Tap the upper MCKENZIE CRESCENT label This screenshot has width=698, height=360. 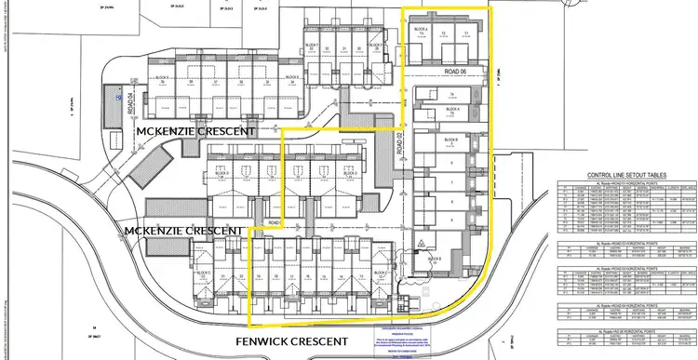point(195,132)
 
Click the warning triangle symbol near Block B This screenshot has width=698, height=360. point(421,243)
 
